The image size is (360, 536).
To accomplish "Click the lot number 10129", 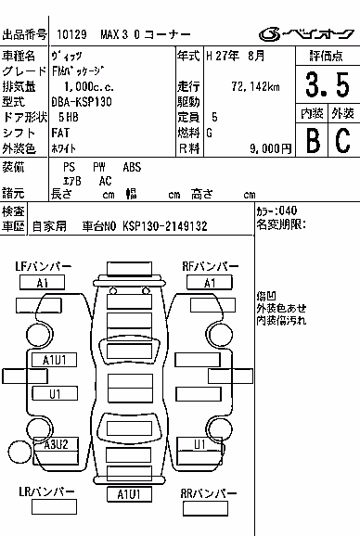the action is [71, 34].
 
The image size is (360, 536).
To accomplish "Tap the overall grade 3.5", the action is [328, 84].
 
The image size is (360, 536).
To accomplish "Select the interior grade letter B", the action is [314, 140].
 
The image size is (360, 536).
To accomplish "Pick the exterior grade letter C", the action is [343, 140].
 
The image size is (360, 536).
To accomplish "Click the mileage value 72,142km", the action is [255, 87].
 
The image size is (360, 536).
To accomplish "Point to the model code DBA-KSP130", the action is [82, 102].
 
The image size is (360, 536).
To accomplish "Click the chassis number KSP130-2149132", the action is [165, 226].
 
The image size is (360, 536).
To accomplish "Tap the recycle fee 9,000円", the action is [270, 148].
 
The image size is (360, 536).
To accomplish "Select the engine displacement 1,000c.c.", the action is [89, 87].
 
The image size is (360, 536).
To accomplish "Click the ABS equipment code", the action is [132, 167].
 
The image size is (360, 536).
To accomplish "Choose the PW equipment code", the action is [99, 167].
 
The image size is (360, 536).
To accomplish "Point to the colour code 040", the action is [288, 211].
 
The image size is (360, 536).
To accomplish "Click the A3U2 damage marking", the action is [56, 444].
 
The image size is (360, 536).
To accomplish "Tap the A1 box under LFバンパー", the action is [42, 283].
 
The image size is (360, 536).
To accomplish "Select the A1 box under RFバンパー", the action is [210, 283].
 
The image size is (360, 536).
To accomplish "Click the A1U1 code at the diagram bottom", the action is [129, 494].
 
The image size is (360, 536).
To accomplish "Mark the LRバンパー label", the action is [46, 491].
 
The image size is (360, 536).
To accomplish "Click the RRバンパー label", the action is [209, 493].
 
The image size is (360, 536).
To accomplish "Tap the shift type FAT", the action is [60, 133].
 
